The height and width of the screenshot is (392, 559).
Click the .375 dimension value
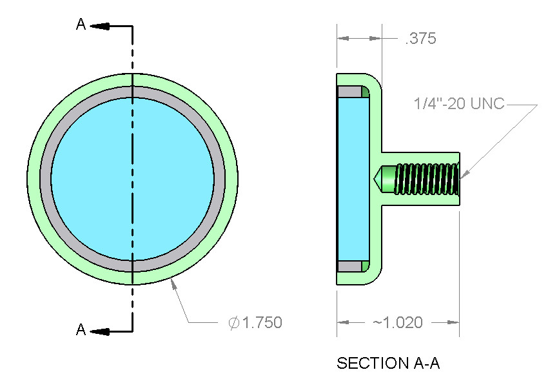420,39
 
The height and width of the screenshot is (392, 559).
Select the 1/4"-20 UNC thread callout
460,103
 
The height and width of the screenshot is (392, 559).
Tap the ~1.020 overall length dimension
398,322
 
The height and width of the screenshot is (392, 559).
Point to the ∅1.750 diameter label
255,322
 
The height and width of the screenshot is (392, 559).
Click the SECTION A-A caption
388,364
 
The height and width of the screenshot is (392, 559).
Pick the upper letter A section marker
81,25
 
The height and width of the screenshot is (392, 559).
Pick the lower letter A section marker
81,330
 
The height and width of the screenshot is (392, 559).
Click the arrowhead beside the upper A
99,26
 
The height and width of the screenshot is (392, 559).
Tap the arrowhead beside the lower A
99,332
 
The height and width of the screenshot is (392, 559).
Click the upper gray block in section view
349,92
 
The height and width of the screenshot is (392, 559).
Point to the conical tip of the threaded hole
378,179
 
